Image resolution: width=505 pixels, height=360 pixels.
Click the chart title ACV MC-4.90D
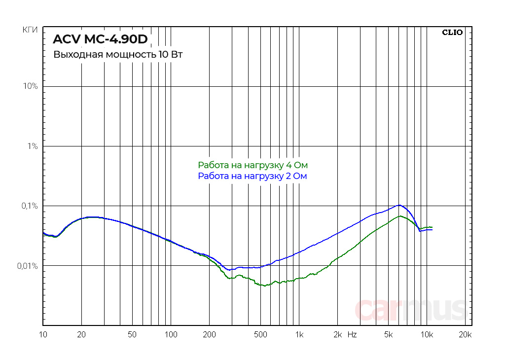click(x=101, y=39)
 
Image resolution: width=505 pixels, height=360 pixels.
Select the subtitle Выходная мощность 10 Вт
click(x=118, y=54)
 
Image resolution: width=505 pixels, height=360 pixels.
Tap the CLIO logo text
click(x=452, y=33)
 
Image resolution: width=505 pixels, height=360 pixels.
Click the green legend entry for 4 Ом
click(x=255, y=165)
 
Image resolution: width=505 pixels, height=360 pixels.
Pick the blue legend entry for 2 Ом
click(x=252, y=176)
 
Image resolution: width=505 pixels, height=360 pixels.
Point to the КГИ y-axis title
click(x=31, y=31)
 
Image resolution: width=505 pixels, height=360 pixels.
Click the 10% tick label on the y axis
click(x=31, y=86)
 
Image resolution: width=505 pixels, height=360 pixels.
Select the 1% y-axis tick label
click(x=33, y=146)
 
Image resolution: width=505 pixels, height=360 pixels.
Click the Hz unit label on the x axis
click(x=352, y=335)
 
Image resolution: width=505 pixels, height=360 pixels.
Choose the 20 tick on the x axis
click(x=82, y=335)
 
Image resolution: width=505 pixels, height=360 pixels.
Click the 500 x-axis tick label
click(x=260, y=335)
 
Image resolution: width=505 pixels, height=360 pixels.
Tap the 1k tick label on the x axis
click(x=299, y=335)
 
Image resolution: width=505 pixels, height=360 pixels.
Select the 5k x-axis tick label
click(x=389, y=335)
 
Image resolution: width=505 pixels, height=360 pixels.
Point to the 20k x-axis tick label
click(x=465, y=335)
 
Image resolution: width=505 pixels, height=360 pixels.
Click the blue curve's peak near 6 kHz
click(x=399, y=205)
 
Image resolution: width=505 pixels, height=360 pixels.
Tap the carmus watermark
click(x=410, y=310)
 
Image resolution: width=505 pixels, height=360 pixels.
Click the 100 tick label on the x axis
click(x=171, y=335)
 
